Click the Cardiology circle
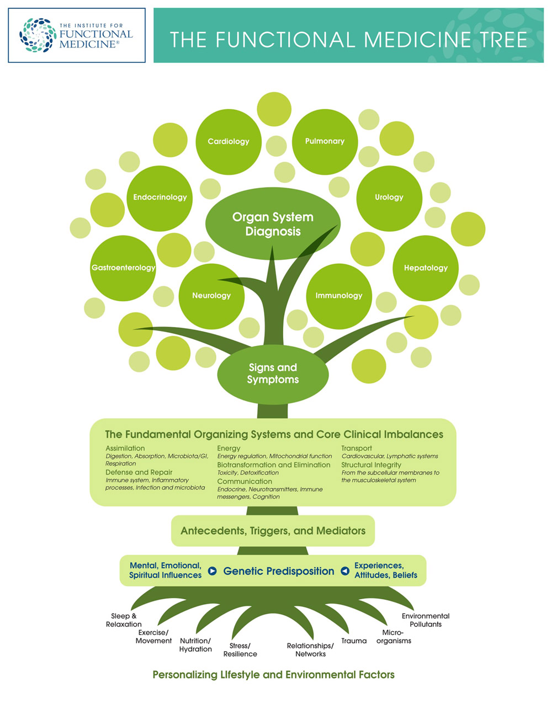[228, 142]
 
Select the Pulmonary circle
[325, 142]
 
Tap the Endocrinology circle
[160, 198]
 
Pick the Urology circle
[389, 198]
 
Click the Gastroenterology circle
[123, 268]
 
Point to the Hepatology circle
[426, 268]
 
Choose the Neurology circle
[211, 296]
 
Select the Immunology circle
[338, 296]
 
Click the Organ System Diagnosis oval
[273, 224]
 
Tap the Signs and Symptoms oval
[273, 374]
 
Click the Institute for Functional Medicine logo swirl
[38, 35]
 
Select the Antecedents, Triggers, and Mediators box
[273, 531]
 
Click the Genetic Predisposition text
[278, 571]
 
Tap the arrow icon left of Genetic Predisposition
[212, 571]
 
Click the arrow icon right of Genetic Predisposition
[345, 571]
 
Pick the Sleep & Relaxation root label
[124, 620]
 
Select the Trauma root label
[354, 641]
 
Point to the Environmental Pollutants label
[425, 620]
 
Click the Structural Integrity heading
[371, 465]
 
